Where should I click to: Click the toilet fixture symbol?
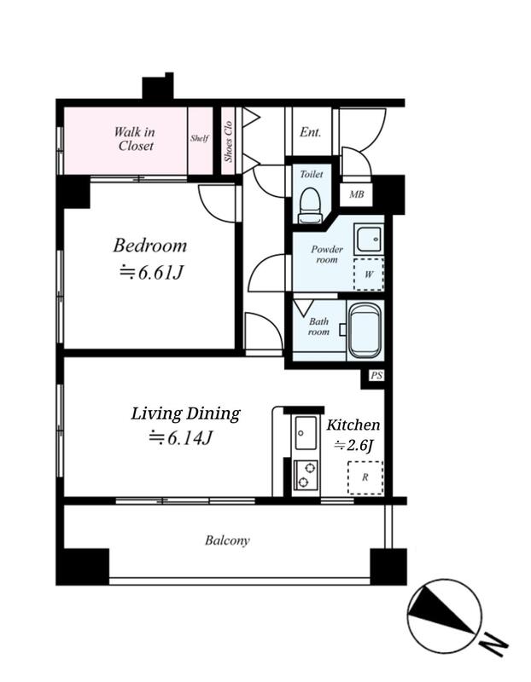tap(310, 205)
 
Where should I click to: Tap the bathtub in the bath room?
tap(365, 331)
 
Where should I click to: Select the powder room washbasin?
tap(369, 240)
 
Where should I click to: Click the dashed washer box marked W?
tap(369, 275)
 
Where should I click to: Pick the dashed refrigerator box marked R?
tap(365, 477)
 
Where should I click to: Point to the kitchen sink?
tap(306, 433)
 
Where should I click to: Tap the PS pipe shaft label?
tap(376, 375)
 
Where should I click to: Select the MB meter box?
tap(356, 194)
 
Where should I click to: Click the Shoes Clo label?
tap(228, 142)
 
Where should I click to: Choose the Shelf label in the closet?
tap(200, 138)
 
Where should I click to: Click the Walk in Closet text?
tap(135, 138)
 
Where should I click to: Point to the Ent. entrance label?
tap(310, 132)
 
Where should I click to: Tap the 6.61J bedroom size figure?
tap(160, 273)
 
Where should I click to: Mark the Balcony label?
tap(227, 540)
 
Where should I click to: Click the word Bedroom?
tap(150, 246)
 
